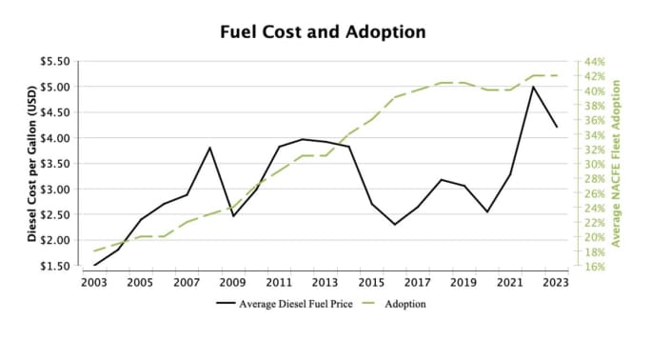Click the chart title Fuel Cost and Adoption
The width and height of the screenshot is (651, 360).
pyautogui.click(x=323, y=31)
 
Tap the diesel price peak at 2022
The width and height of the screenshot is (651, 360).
pyautogui.click(x=533, y=87)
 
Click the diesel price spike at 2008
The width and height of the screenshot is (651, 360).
pyautogui.click(x=209, y=148)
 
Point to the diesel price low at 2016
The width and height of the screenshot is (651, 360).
pyautogui.click(x=394, y=225)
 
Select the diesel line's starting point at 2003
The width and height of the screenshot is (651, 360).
pyautogui.click(x=94, y=265)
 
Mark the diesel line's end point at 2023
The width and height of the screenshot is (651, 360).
pyautogui.click(x=556, y=127)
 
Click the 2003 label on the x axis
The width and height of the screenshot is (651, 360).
pyautogui.click(x=94, y=282)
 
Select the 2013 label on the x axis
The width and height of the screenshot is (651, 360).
pyautogui.click(x=325, y=282)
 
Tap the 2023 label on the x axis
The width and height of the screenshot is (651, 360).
pyautogui.click(x=556, y=282)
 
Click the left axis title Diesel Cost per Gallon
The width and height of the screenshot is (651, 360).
pyautogui.click(x=31, y=164)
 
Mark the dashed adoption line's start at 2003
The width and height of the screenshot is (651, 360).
pyautogui.click(x=94, y=250)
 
